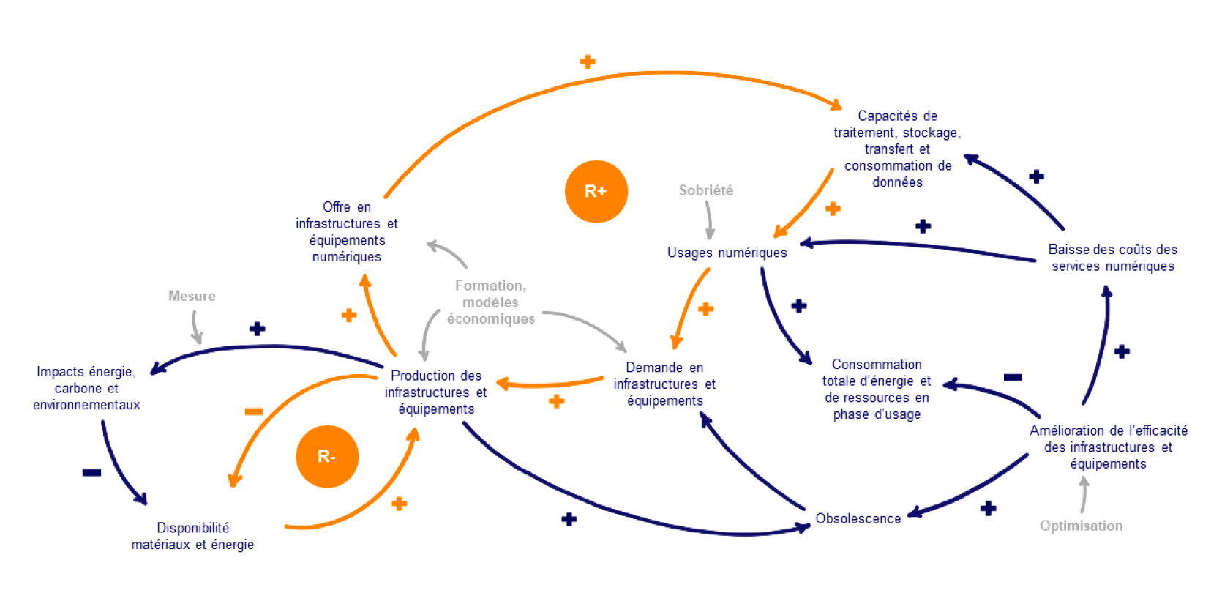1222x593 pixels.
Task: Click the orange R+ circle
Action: click(x=596, y=191)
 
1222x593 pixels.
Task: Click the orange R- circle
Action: click(x=327, y=456)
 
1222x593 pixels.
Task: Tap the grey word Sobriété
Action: click(x=705, y=190)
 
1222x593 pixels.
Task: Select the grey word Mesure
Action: click(x=192, y=296)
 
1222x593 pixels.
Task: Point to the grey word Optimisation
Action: click(x=1081, y=526)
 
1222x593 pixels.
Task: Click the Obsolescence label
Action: click(x=858, y=518)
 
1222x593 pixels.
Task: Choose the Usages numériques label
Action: click(x=727, y=253)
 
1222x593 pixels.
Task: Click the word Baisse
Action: click(x=1068, y=250)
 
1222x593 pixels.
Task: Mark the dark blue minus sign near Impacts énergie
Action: click(x=91, y=472)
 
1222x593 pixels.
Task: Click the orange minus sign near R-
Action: click(x=254, y=411)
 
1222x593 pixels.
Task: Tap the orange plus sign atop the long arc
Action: click(x=588, y=61)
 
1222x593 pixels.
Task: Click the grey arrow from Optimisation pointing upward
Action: click(x=1084, y=495)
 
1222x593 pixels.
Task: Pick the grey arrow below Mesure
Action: click(x=195, y=327)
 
